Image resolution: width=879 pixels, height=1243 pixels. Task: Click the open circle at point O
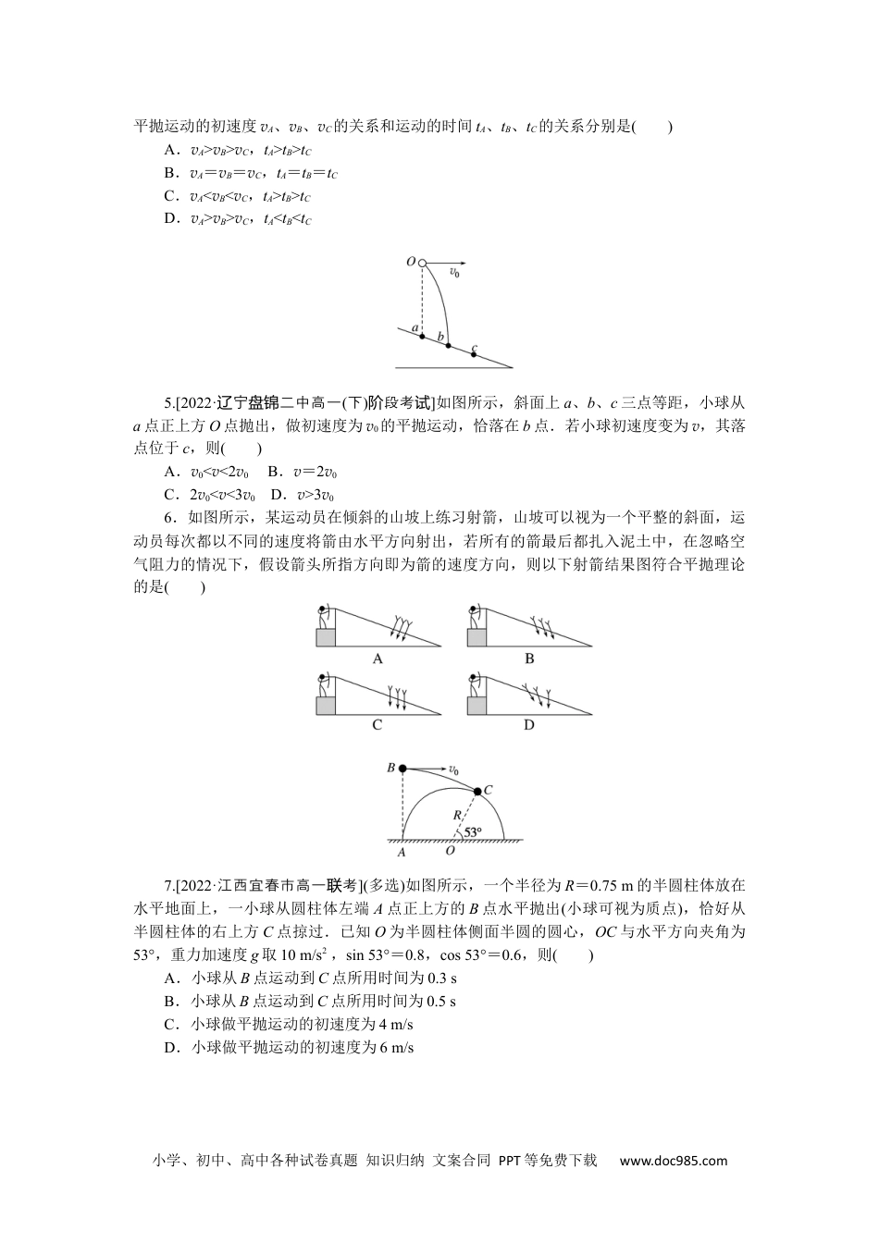click(422, 264)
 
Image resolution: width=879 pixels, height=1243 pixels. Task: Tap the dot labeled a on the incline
click(422, 336)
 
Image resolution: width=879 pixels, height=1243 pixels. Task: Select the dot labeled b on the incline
click(449, 346)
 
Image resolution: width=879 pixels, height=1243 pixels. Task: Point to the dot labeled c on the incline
click(475, 354)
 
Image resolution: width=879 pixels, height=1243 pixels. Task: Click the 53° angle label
click(473, 832)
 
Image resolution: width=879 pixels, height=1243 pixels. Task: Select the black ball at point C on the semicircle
click(477, 791)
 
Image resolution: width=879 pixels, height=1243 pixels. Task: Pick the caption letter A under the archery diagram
click(378, 659)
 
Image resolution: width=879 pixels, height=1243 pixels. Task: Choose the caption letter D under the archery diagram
click(529, 725)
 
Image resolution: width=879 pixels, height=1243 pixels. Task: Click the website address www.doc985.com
click(673, 1161)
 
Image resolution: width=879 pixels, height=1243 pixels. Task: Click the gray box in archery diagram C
click(326, 706)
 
